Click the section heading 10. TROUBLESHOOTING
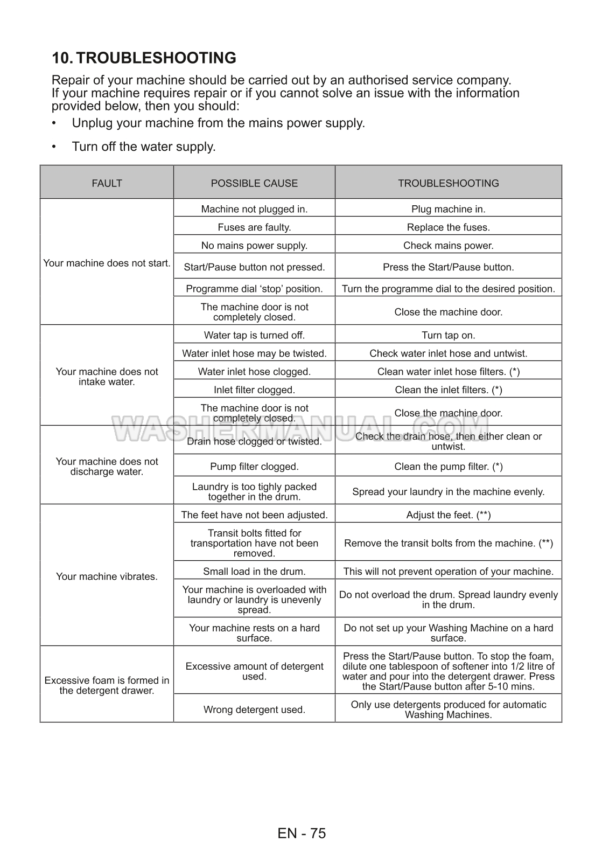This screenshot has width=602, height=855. point(144,58)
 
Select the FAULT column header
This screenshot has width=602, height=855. point(107,183)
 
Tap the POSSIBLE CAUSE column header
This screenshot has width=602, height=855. point(254,183)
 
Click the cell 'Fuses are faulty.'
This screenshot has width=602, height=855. point(254,227)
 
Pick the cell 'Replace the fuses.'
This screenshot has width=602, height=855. point(448,227)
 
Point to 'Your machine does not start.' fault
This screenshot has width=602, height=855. point(107,263)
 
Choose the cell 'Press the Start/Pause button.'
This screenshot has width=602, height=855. point(448,267)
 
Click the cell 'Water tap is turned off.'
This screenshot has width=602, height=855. point(254,335)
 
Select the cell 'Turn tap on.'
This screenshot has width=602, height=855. point(448,335)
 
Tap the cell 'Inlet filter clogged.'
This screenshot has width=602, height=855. point(254,390)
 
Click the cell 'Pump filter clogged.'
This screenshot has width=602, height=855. point(254,467)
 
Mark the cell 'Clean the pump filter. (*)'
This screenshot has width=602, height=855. point(448,467)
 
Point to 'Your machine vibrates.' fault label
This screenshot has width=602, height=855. point(107,576)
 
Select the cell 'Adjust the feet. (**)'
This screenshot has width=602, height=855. point(448,515)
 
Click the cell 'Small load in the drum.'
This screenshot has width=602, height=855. point(254,571)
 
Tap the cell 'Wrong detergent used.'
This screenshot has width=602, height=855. point(254,710)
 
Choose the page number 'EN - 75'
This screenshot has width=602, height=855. point(302,833)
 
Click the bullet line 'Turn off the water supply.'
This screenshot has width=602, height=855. point(144,147)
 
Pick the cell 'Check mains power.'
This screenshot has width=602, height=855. point(448,246)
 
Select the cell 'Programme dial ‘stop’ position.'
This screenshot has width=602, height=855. point(254,289)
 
